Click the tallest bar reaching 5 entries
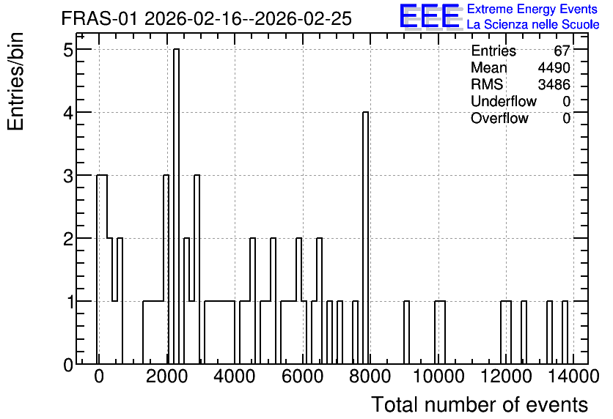click(176, 206)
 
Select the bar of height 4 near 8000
click(366, 238)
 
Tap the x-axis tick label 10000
click(438, 377)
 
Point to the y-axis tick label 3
click(68, 176)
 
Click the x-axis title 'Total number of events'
click(480, 404)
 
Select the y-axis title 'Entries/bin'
click(16, 81)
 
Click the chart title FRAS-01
click(99, 19)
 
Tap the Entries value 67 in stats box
click(562, 51)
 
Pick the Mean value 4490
click(554, 67)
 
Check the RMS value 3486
click(554, 84)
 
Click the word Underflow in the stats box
click(504, 101)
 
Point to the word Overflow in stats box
click(499, 118)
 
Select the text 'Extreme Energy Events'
click(532, 9)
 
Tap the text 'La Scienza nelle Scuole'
click(533, 25)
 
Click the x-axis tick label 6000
click(302, 377)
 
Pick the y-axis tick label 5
click(68, 50)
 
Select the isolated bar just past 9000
click(406, 333)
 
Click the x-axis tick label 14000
click(573, 377)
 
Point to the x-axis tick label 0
click(99, 377)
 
